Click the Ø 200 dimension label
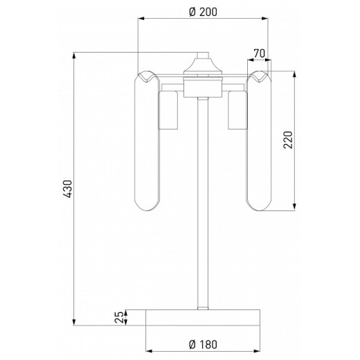tap(203, 12)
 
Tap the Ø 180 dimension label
tap(203, 345)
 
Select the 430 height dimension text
tap(68, 189)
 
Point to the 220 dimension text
tap(288, 140)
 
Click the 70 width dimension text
tap(259, 53)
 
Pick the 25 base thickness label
tap(119, 317)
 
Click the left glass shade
tap(147, 141)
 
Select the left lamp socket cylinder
tap(168, 110)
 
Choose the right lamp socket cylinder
tap(237, 110)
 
